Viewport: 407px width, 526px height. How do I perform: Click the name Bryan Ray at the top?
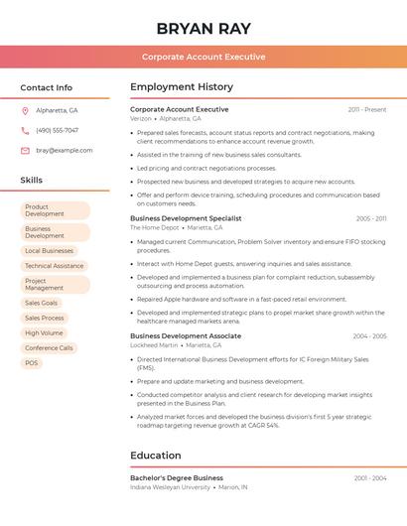click(x=203, y=29)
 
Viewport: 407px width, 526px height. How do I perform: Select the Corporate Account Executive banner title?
click(x=203, y=57)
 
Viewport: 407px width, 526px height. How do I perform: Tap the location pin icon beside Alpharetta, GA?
click(x=25, y=110)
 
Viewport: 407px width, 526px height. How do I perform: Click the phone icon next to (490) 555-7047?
click(x=25, y=130)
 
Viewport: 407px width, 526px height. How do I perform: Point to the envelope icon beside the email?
click(x=25, y=150)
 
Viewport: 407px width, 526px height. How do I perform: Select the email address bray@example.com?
click(x=65, y=150)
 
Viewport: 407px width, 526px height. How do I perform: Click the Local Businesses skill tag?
click(x=49, y=251)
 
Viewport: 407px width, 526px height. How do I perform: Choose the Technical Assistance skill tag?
click(x=54, y=266)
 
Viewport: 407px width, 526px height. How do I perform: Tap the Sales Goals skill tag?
click(x=42, y=303)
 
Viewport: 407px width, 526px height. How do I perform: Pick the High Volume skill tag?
click(x=44, y=333)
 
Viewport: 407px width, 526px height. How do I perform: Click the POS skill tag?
click(x=32, y=363)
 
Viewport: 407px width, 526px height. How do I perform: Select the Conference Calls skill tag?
click(x=49, y=348)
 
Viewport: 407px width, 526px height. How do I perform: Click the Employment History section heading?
click(x=182, y=86)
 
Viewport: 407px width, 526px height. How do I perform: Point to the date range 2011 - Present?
click(x=367, y=109)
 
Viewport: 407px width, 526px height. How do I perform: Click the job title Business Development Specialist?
click(x=186, y=218)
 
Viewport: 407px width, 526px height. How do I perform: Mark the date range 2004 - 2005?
click(x=369, y=336)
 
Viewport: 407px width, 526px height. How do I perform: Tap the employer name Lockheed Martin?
click(x=153, y=345)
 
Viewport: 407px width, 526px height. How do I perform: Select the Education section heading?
click(x=156, y=456)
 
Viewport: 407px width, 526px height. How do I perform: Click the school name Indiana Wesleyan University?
click(x=170, y=487)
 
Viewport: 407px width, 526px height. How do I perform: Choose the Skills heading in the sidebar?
click(x=32, y=181)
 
